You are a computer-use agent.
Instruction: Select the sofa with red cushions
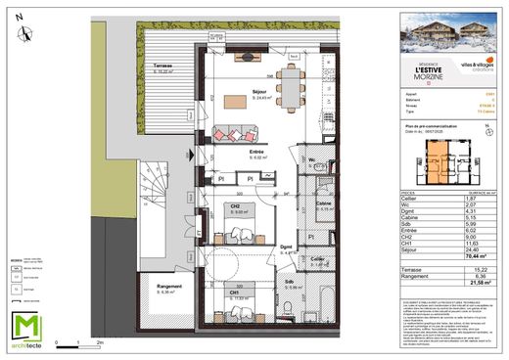[x=236, y=131]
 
